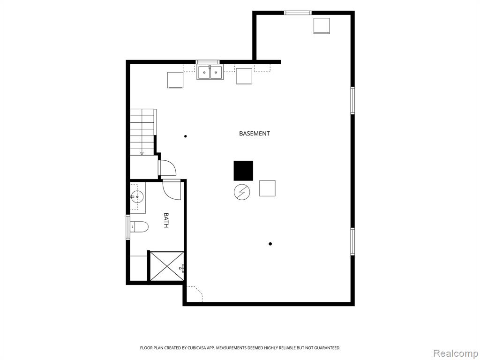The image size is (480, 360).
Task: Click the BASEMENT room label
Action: (255, 134)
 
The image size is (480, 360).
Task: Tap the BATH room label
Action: (166, 220)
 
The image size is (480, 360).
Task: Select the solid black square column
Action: (243, 171)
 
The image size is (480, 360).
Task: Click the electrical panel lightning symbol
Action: (242, 192)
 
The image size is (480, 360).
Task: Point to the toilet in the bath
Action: (139, 227)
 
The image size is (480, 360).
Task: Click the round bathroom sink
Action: (137, 196)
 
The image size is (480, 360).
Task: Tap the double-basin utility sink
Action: (210, 72)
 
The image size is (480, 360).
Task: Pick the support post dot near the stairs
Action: (186, 136)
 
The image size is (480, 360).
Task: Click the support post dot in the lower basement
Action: (270, 244)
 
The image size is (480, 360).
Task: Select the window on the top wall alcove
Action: (298, 13)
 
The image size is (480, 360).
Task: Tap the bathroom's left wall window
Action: (128, 227)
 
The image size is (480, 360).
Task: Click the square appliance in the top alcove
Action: (322, 26)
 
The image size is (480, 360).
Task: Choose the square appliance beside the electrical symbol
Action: (267, 188)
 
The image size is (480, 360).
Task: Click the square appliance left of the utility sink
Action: (175, 80)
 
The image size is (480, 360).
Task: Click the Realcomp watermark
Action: (456, 353)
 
